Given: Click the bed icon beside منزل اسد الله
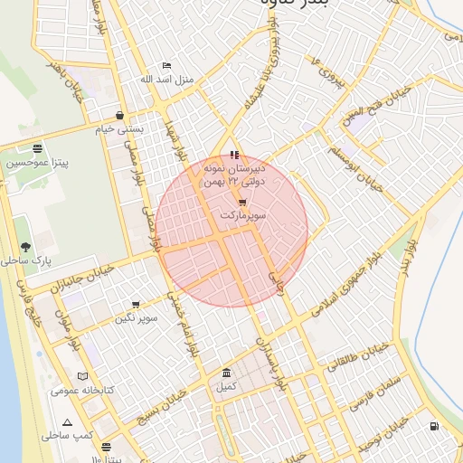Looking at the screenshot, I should [165, 66].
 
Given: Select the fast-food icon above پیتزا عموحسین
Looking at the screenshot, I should [37, 148].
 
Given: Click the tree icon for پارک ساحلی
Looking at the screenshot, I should [25, 246].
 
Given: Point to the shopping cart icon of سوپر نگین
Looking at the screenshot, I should [136, 305].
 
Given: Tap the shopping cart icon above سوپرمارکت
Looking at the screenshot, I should [242, 203].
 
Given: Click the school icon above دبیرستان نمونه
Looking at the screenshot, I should [235, 155].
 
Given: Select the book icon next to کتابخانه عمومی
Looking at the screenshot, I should [83, 376].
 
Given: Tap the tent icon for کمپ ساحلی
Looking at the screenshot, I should [67, 422].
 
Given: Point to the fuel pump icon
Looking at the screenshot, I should [435, 426].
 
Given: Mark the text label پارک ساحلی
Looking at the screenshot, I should [30, 260].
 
